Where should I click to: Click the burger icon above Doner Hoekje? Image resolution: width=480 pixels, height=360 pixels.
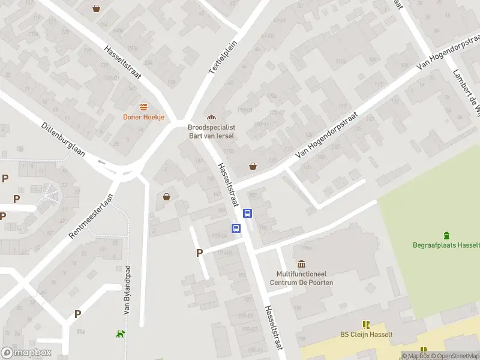coord(143,107)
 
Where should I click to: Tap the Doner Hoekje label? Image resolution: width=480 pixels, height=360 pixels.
coord(143,117)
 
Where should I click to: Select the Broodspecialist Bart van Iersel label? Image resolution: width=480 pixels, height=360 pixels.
coord(211,131)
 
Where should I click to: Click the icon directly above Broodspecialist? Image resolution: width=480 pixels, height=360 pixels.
coord(211,117)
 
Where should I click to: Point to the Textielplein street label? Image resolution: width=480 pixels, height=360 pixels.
coord(223,58)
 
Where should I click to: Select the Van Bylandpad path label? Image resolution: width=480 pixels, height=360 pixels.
coord(127,290)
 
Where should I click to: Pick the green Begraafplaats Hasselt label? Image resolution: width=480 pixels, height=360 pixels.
coord(446,245)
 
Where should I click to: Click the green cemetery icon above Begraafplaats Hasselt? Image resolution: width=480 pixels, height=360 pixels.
coord(446,235)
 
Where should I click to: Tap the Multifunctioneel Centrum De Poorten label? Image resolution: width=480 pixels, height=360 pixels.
coord(301,278)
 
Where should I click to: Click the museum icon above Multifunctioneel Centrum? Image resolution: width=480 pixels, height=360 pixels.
coord(301,264)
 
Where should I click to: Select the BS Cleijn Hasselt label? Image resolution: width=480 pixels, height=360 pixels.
coord(366,334)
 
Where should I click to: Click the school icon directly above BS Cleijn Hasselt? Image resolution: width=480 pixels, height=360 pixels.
coord(366,324)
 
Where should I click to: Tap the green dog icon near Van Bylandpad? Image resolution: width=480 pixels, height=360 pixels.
coord(121,334)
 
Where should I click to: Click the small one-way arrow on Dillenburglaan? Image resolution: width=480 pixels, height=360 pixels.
coord(101,161)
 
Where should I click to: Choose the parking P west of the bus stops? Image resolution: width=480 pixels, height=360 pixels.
coord(199,253)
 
